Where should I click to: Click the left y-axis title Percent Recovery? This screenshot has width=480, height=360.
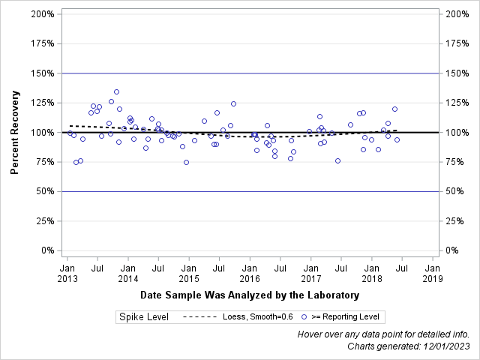tap(14, 132)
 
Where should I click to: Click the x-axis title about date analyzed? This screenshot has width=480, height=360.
tap(250, 295)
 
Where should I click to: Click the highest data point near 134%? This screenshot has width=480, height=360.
tap(116, 92)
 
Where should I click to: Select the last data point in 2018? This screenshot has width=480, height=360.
tap(397, 139)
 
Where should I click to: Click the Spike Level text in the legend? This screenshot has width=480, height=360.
tap(144, 317)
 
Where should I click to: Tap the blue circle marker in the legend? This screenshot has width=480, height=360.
tap(304, 317)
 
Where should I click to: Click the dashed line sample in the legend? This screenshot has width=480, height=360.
tap(199, 317)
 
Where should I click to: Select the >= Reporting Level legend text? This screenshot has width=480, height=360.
tap(346, 317)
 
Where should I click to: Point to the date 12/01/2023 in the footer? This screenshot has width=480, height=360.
tap(446, 346)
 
